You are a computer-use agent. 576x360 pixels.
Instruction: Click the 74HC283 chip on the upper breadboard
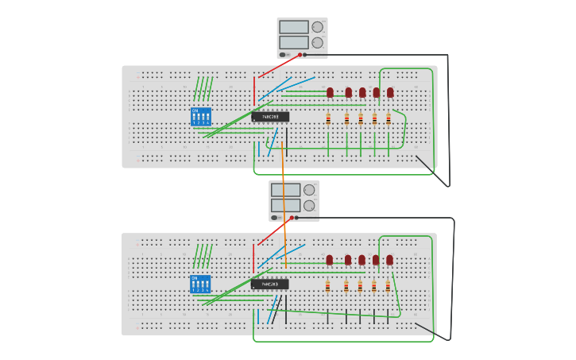(270, 117)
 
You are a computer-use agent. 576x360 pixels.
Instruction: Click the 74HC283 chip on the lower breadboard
(270, 284)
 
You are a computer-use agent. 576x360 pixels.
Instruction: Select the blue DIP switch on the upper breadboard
(201, 117)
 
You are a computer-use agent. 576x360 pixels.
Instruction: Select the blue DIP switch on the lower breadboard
(200, 284)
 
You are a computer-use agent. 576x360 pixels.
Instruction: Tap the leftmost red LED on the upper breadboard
(330, 92)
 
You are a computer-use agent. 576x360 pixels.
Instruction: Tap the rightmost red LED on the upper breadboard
(390, 92)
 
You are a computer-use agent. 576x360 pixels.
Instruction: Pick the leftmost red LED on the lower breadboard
(329, 259)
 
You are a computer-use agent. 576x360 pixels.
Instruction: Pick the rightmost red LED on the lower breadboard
(389, 259)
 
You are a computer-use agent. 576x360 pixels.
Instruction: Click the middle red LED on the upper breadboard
(362, 92)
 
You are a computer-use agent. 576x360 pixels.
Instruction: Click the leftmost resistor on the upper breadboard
(328, 119)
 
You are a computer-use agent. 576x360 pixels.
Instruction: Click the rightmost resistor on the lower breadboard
(388, 286)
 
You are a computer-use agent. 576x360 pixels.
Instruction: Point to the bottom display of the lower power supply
(285, 205)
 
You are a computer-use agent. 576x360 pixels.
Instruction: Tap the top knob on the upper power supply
(317, 27)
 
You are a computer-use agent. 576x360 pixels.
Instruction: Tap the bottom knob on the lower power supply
(309, 205)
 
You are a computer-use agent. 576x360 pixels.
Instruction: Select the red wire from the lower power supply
(273, 231)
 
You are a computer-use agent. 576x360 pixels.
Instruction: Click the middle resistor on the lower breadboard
(360, 286)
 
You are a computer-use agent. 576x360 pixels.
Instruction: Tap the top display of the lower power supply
(285, 190)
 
